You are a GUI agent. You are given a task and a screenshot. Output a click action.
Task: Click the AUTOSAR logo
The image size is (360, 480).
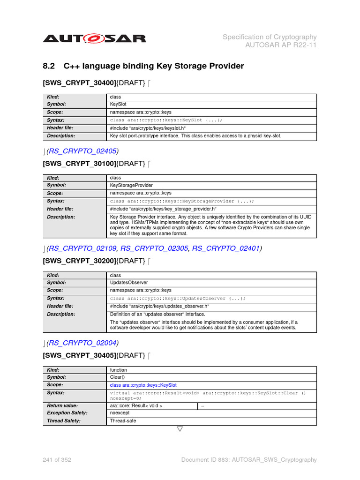(94, 38)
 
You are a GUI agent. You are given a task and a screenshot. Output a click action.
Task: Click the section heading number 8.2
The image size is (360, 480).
(49, 66)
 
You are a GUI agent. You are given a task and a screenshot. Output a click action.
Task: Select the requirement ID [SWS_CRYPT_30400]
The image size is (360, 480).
(79, 83)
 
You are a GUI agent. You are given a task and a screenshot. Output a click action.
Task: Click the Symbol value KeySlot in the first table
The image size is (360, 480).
(118, 105)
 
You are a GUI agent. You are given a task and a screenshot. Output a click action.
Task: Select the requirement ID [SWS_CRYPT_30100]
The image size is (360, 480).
(79, 164)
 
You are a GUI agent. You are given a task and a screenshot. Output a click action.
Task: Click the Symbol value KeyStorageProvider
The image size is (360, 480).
(131, 185)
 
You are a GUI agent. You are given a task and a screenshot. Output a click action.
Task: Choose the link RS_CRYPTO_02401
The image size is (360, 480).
(226, 248)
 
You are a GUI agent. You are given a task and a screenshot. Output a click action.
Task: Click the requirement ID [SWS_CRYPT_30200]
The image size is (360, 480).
(79, 261)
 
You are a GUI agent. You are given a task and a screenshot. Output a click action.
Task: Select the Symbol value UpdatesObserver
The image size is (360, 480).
(129, 283)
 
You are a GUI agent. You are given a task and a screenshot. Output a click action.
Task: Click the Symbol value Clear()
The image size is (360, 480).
(117, 377)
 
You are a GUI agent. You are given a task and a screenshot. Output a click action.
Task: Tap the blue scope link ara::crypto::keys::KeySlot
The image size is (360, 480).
(143, 385)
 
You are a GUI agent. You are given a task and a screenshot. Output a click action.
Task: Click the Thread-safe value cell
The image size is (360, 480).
(121, 421)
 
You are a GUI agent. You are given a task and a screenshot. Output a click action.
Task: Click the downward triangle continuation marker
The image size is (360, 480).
(180, 429)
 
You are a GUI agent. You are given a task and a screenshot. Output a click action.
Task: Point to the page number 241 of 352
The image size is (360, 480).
(57, 460)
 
